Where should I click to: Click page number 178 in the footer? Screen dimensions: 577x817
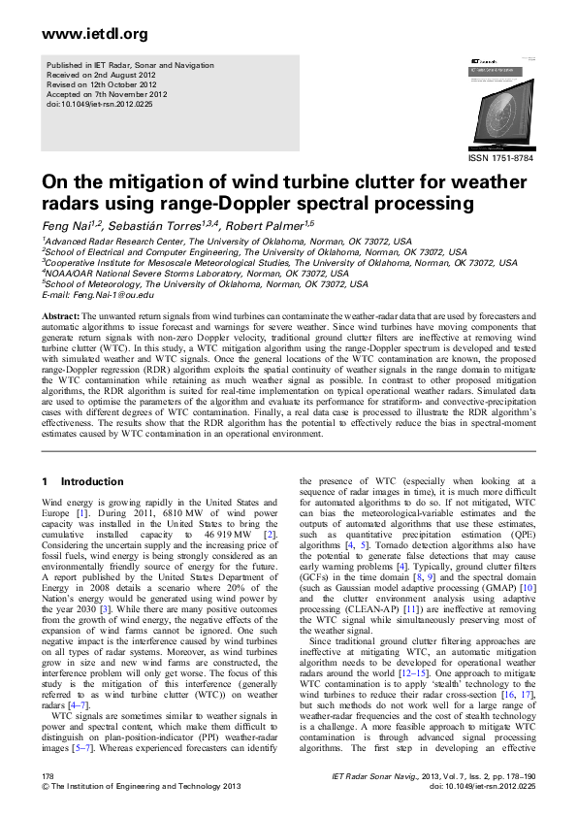click(48, 777)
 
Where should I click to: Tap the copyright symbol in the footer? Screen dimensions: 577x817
click(45, 787)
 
